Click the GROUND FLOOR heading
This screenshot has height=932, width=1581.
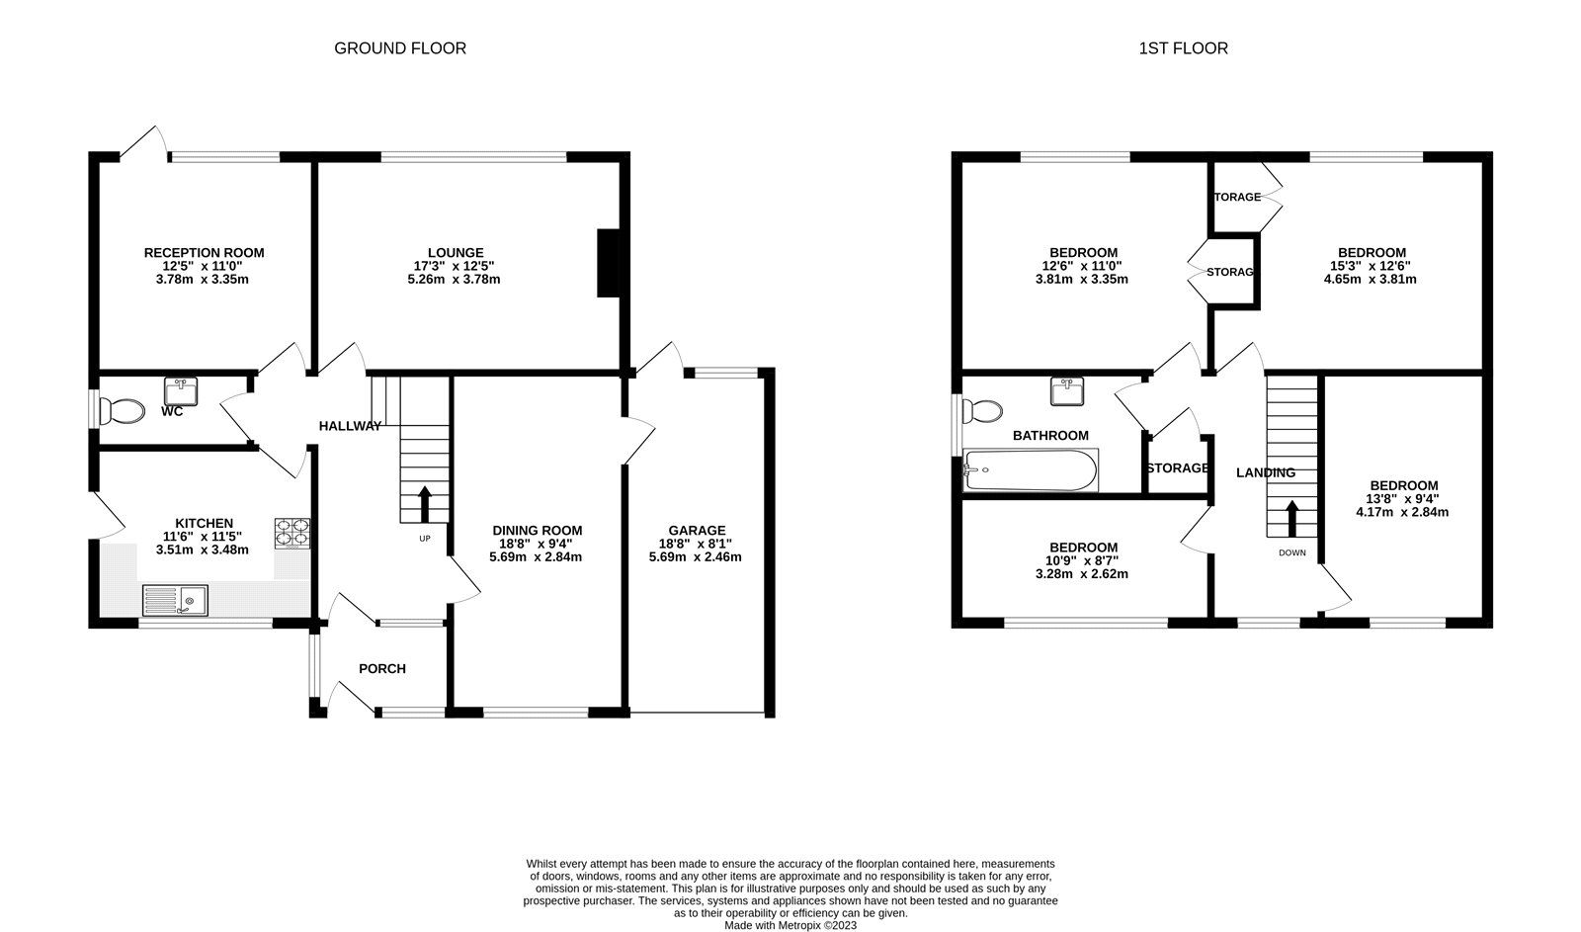[399, 48]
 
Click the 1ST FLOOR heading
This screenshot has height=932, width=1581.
[1183, 48]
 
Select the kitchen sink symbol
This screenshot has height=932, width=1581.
[175, 600]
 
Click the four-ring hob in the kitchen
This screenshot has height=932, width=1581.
[291, 533]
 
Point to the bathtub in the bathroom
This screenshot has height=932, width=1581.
[1030, 470]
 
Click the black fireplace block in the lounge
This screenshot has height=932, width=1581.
[608, 263]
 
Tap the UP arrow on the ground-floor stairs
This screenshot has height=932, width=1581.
[425, 503]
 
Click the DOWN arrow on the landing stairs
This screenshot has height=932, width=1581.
[1291, 518]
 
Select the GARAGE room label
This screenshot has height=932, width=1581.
[696, 531]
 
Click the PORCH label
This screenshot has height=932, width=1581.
[381, 669]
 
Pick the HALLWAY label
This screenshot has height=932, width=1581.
[350, 426]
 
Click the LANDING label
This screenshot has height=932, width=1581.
[1266, 473]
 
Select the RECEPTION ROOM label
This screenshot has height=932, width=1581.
[204, 253]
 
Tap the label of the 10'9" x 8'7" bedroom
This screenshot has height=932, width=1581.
[1083, 548]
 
